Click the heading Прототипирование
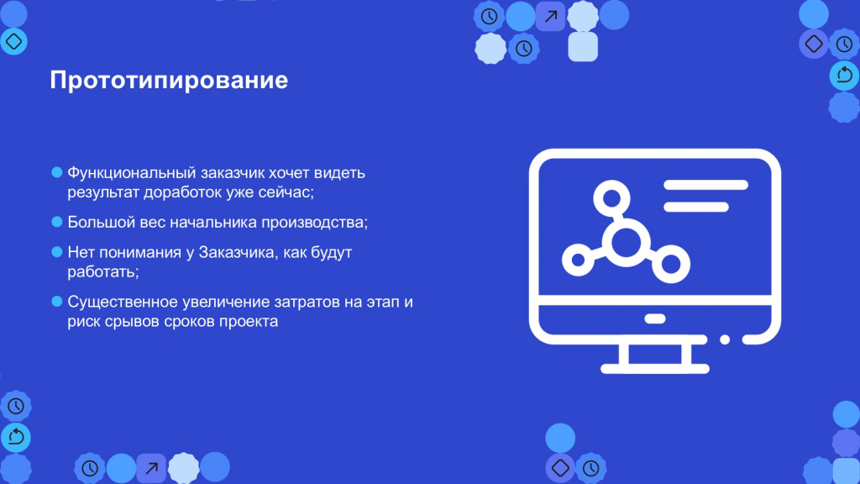pos(169,81)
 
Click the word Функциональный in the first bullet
pos(132,173)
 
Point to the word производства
pos(312,223)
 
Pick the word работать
pos(101,271)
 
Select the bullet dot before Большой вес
pos(57,222)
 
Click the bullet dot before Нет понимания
pos(57,252)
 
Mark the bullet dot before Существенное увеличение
pos(57,302)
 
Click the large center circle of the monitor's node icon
pos(627,242)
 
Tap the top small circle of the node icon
pos(611,198)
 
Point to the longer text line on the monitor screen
pos(705,185)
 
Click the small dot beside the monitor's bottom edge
pos(725,339)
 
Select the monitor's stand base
pos(655,369)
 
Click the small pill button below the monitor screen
pos(655,318)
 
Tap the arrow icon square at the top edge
pos(551,17)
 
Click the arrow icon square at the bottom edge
pos(151,468)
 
